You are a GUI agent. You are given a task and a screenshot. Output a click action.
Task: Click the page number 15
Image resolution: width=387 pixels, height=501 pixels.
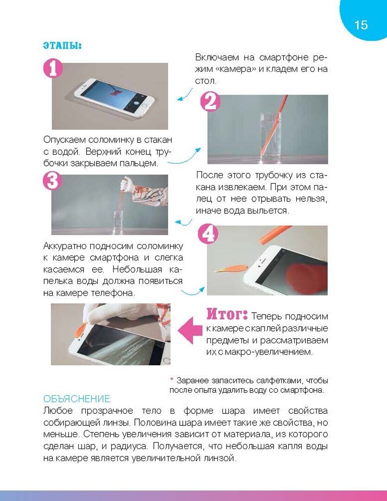(x=361, y=25)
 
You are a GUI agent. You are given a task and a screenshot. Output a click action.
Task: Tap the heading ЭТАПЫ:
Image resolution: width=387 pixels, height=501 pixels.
(x=63, y=45)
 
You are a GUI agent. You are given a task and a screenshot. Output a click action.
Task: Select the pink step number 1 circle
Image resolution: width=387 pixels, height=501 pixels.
(x=53, y=68)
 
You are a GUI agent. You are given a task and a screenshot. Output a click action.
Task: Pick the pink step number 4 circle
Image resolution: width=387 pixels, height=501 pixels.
(x=208, y=234)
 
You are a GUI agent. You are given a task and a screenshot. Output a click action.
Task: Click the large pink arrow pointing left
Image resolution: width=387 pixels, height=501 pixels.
(x=190, y=330)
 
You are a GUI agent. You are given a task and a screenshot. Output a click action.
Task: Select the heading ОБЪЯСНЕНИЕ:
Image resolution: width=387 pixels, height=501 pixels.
(x=77, y=399)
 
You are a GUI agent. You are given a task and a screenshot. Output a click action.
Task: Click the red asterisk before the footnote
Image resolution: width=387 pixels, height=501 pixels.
(x=171, y=379)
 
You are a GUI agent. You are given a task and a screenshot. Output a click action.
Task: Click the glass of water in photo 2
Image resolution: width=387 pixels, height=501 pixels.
(x=271, y=136)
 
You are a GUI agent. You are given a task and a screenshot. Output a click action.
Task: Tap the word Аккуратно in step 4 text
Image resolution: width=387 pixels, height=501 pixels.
(x=65, y=246)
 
